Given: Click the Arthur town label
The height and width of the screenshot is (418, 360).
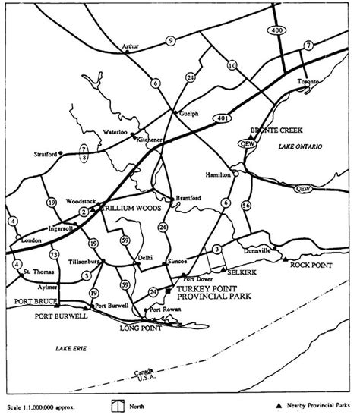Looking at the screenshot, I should [131, 47].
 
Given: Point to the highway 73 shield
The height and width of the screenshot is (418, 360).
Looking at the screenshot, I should [54, 253].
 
